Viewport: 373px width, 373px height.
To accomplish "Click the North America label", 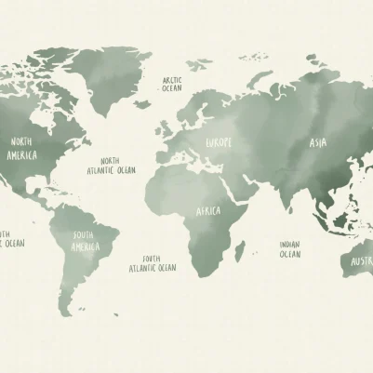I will tap(23, 148).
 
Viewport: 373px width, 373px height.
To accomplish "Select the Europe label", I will tap(219, 142).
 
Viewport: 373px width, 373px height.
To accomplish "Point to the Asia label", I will tap(318, 143).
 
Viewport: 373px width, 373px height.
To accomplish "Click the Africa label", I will tap(207, 211).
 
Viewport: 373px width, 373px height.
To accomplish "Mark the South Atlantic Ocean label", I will tap(153, 263).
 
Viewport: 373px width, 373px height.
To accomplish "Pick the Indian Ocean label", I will tap(290, 248).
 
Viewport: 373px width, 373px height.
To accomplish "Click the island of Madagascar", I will tap(241, 250).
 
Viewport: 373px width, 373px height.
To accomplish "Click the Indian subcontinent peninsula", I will tap(285, 194).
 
